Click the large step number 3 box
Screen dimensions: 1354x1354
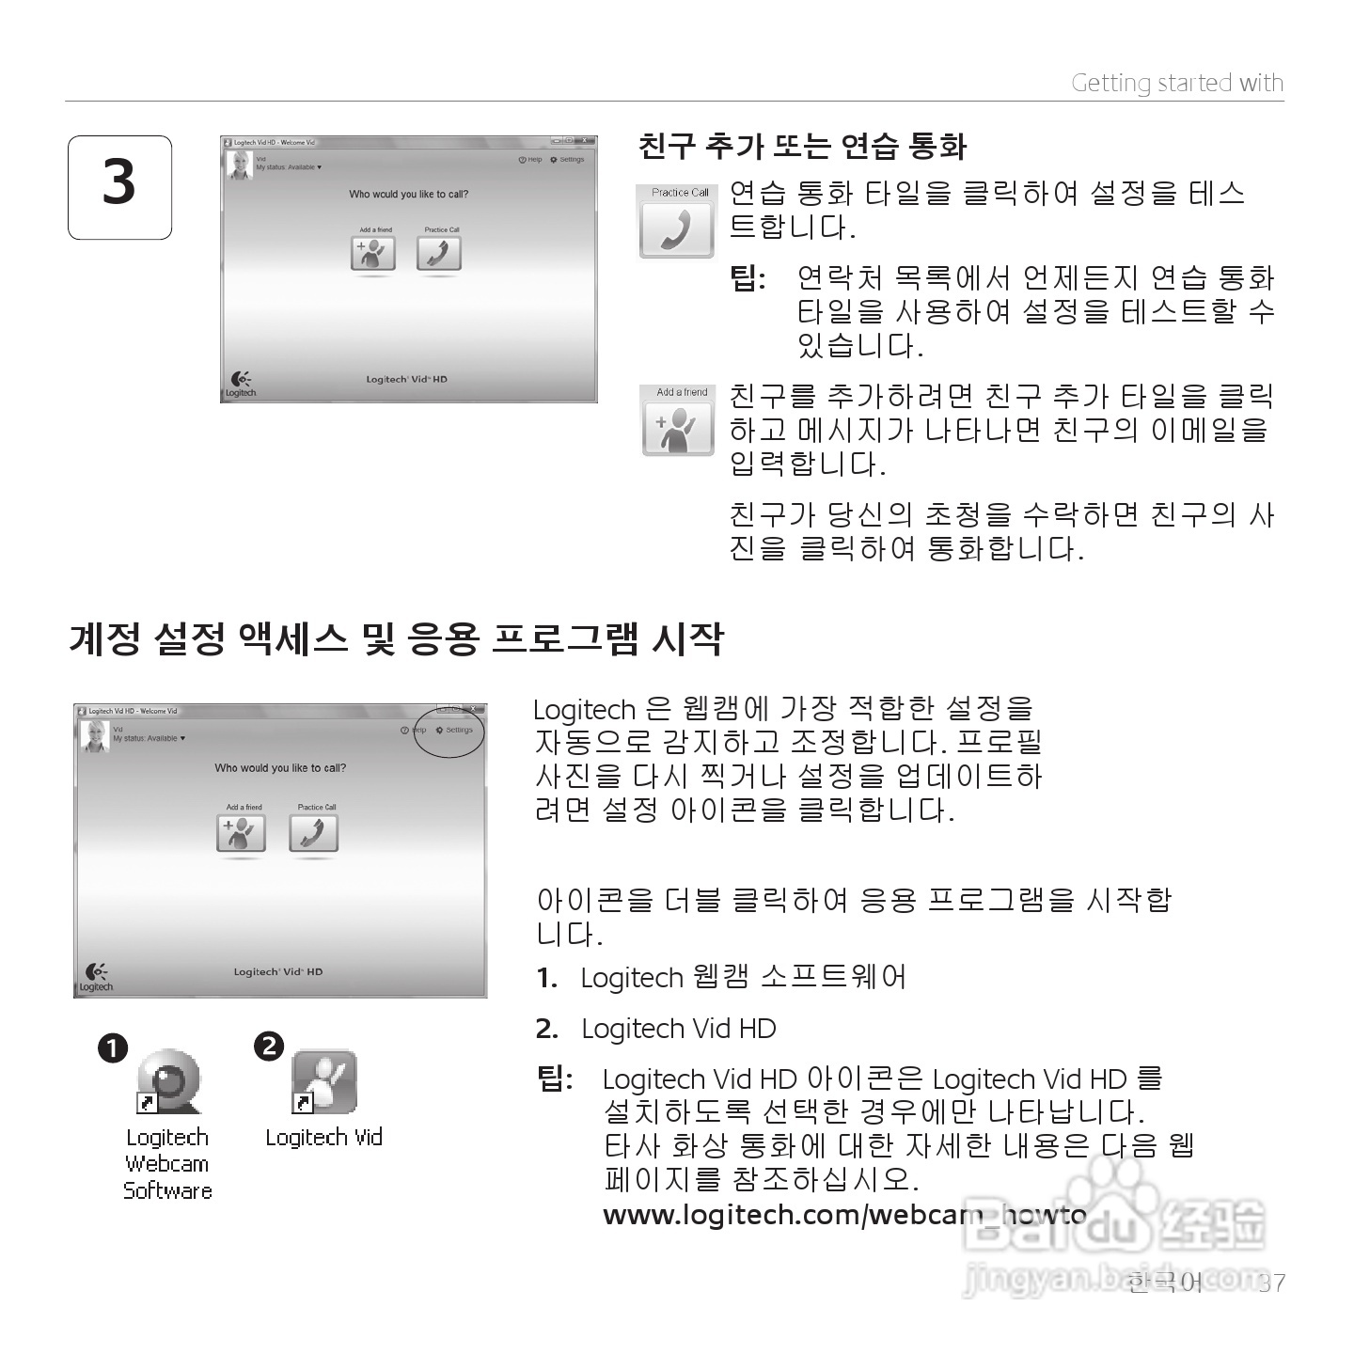click(119, 187)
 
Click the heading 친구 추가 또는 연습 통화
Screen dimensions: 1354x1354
click(802, 147)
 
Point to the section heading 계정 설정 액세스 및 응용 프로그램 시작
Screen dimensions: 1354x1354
click(396, 639)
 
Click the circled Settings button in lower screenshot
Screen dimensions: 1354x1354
click(455, 731)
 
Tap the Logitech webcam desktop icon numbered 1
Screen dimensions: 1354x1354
click(169, 1081)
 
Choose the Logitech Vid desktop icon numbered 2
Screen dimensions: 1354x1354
click(324, 1081)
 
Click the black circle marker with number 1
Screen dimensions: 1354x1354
click(113, 1048)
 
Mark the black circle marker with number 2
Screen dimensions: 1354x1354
click(269, 1046)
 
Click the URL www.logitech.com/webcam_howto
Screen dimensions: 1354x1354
click(844, 1215)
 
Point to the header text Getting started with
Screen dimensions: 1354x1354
click(1177, 84)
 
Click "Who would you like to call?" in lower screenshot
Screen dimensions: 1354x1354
click(280, 768)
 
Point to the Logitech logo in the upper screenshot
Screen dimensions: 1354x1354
click(241, 384)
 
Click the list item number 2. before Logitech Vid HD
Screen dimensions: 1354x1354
click(546, 1030)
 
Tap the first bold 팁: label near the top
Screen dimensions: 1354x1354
click(748, 278)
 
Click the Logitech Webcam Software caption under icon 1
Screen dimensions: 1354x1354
click(168, 1164)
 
